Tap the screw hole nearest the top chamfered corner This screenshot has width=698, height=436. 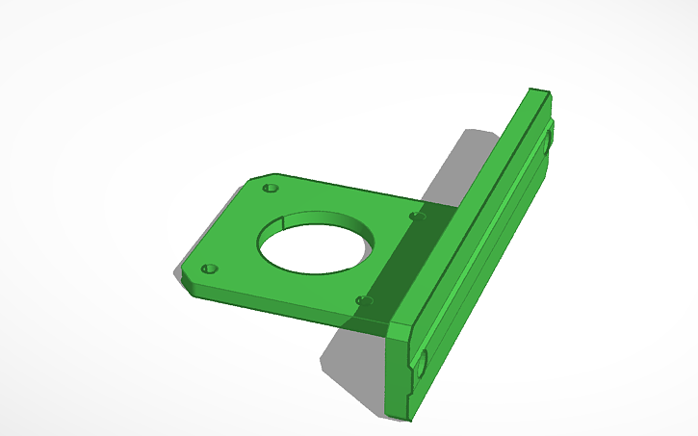coord(271,187)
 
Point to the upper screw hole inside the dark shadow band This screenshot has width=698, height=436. coord(416,216)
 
